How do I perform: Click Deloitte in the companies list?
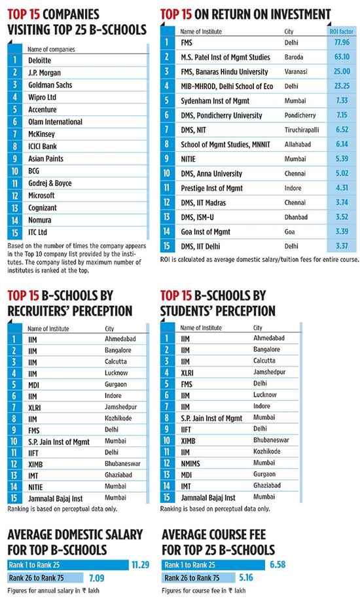(x=39, y=61)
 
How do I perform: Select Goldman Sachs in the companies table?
(x=50, y=85)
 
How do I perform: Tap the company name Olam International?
(x=55, y=122)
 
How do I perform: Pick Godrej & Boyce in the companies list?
(x=50, y=183)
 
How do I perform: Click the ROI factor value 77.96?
(x=342, y=42)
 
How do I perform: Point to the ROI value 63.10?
(x=342, y=57)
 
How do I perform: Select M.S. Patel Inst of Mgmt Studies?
(x=225, y=57)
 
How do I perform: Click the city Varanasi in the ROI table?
(x=296, y=71)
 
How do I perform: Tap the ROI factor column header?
(x=341, y=31)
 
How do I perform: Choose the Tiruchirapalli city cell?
(x=302, y=130)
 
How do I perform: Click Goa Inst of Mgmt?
(x=206, y=232)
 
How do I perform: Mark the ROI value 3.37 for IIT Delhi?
(x=342, y=246)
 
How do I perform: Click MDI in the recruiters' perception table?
(x=34, y=385)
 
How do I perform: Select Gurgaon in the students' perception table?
(x=264, y=474)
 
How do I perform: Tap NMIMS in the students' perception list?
(x=190, y=464)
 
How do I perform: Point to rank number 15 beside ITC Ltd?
(x=14, y=232)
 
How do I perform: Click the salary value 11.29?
(x=140, y=565)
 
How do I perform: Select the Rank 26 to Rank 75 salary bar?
(x=45, y=577)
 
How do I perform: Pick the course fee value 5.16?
(x=246, y=577)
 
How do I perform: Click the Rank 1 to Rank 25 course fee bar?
(x=213, y=565)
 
